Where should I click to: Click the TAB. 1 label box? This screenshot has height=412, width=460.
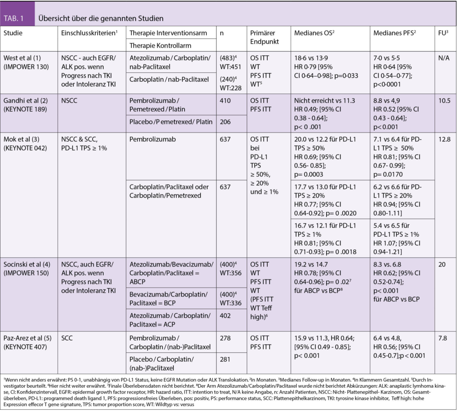click(18, 18)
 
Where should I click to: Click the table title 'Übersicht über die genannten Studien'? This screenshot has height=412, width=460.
click(101, 19)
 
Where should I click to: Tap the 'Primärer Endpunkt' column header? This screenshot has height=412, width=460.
click(265, 37)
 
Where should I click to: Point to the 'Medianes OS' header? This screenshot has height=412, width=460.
click(314, 34)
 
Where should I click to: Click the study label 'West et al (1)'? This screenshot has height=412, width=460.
click(22, 58)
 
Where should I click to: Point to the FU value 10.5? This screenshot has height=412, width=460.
click(444, 101)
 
